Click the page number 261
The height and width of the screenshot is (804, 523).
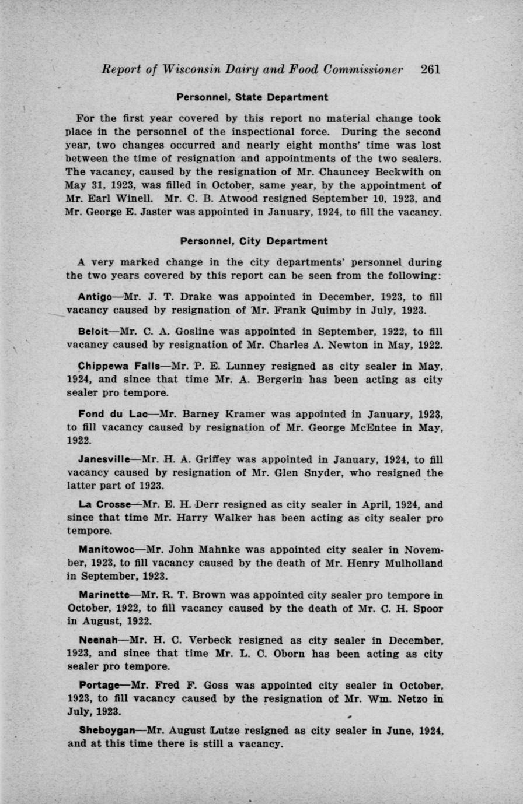430,69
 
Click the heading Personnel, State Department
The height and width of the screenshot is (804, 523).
253,97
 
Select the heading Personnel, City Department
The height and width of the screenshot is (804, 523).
253,241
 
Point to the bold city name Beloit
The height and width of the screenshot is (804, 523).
93,332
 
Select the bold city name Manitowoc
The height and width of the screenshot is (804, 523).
107,549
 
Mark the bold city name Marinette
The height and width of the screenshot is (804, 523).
104,595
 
